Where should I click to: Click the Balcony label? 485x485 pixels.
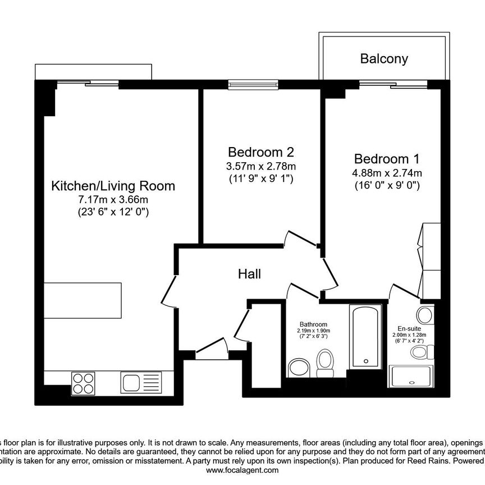(384, 58)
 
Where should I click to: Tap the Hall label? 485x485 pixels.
(249, 274)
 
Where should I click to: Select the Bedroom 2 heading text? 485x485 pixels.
(261, 152)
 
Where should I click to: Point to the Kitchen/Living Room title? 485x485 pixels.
(113, 185)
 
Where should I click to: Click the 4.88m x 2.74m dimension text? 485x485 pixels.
(387, 172)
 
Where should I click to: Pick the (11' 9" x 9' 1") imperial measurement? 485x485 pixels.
(261, 179)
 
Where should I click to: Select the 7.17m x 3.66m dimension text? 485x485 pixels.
(113, 199)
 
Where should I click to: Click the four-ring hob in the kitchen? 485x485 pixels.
(83, 383)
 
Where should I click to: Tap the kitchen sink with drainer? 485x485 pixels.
(140, 383)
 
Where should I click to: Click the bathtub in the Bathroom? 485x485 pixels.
(365, 336)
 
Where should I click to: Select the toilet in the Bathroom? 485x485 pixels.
(325, 364)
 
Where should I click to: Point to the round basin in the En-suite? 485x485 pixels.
(425, 314)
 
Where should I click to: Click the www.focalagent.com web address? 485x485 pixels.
(242, 470)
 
